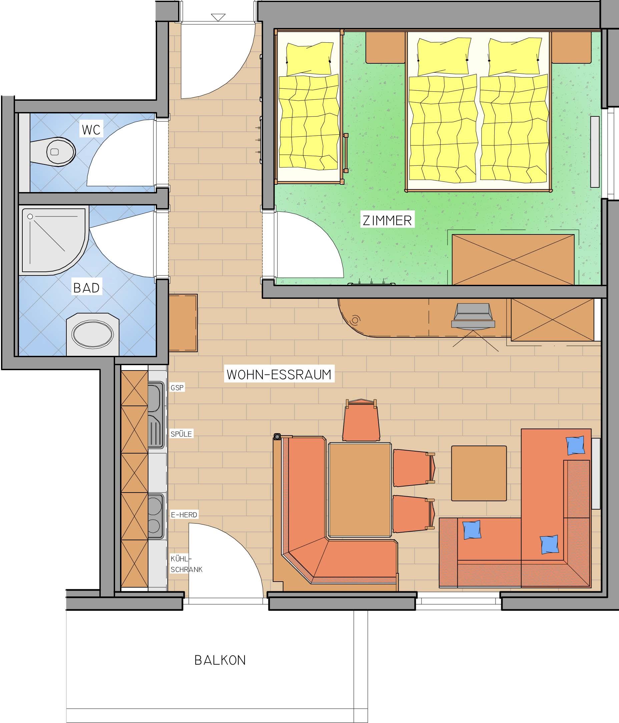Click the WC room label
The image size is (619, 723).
click(91, 129)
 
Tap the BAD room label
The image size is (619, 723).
click(86, 288)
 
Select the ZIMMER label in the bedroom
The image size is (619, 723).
click(387, 220)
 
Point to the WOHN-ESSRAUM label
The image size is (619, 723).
click(279, 375)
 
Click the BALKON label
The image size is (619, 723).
click(220, 660)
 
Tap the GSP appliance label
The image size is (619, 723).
click(177, 388)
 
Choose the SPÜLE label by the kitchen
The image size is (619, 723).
click(181, 434)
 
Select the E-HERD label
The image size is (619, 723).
click(184, 515)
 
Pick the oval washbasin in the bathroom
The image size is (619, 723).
click(92, 334)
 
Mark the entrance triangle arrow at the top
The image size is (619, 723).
click(218, 17)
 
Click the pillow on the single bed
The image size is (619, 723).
click(309, 58)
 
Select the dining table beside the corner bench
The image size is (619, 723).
click(360, 490)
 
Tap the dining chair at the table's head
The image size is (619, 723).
click(361, 421)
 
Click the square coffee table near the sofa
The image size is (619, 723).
click(479, 473)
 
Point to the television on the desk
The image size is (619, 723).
click(473, 316)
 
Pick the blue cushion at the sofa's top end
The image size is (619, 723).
click(575, 446)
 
